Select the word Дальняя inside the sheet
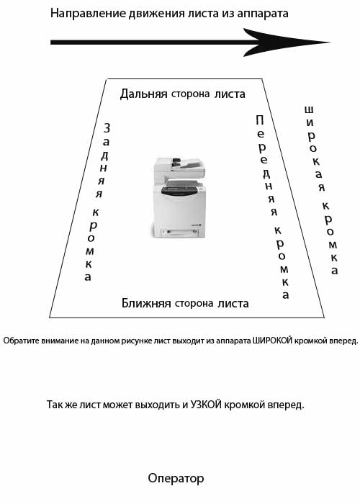coord(144,94)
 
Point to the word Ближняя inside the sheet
coord(146,303)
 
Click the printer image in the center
coord(179,198)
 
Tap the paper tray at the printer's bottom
coord(180,232)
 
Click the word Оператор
coord(176,479)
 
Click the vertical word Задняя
coord(103,161)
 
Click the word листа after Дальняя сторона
coord(230,94)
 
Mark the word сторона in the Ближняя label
coord(194,303)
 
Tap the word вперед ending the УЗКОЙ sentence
coord(289,405)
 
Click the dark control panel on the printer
coord(179,191)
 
